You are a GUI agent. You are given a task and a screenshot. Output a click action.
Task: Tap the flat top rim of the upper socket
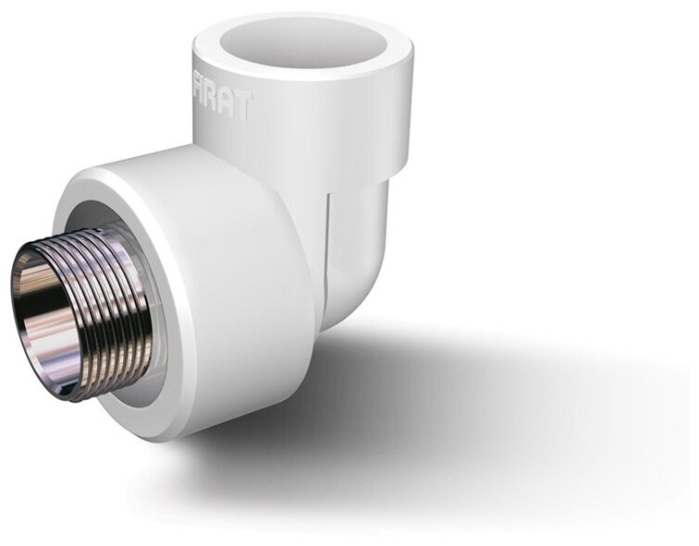point(305,77)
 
